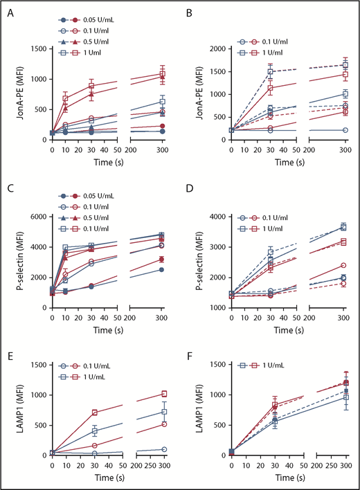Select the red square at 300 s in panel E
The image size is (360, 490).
pos(164,394)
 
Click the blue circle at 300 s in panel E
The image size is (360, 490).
pos(164,449)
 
